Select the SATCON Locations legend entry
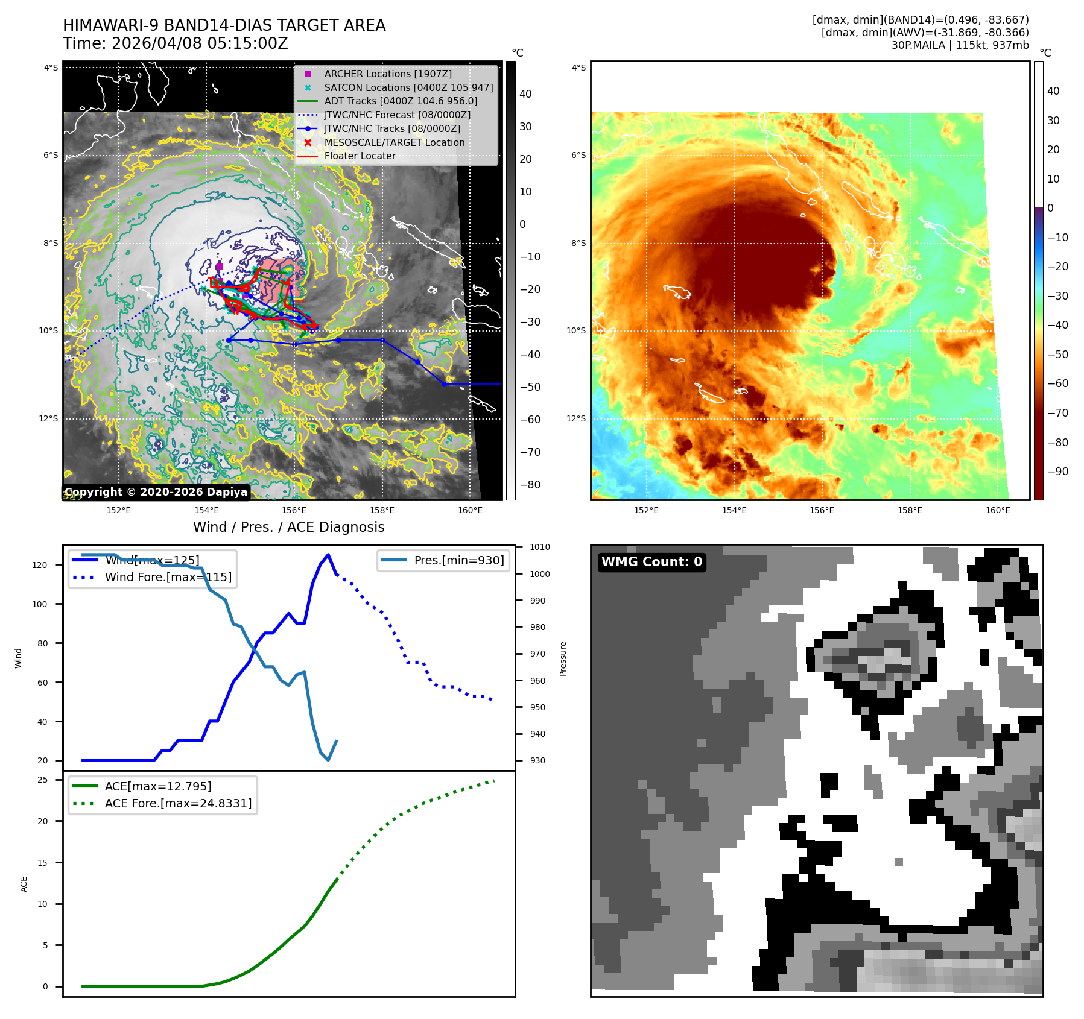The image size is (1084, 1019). coord(408,87)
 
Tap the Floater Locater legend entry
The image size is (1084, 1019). coord(360,156)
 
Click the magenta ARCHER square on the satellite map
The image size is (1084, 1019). coord(220,267)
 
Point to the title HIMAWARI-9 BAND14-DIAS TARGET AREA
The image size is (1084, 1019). coord(224,25)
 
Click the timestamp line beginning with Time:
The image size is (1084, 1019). coord(175,43)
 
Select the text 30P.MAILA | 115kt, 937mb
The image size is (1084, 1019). coord(960,45)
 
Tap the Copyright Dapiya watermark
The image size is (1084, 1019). coord(156,492)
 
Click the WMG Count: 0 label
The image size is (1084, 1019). coord(651,562)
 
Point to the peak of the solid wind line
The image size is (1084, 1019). coord(328,555)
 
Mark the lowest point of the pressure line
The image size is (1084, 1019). coord(328,760)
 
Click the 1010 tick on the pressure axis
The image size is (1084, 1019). coord(540,547)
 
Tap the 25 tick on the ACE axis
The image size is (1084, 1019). coord(43,780)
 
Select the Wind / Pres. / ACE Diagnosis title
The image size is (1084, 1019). coord(288,527)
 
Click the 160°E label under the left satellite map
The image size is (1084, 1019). coord(470,510)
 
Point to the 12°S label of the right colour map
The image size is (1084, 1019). coord(576,418)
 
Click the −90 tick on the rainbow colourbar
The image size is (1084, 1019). coord(1057,472)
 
